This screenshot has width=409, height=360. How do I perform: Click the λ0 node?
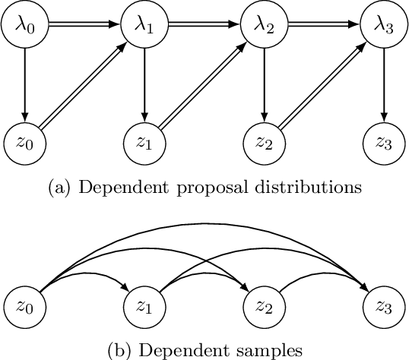click(x=26, y=25)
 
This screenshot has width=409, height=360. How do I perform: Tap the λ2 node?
click(x=262, y=25)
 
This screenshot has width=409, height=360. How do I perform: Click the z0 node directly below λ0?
click(x=26, y=142)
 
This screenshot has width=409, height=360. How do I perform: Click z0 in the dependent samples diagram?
click(x=26, y=308)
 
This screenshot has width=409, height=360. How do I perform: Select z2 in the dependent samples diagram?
click(x=262, y=308)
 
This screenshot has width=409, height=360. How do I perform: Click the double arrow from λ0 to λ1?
click(x=84, y=25)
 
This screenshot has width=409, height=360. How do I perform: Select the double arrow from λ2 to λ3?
click(x=322, y=25)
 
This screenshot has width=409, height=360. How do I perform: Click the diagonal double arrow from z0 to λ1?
click(x=85, y=84)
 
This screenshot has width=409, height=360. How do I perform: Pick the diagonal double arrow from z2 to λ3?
click(x=322, y=84)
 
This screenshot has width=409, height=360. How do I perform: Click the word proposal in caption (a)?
click(x=216, y=185)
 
